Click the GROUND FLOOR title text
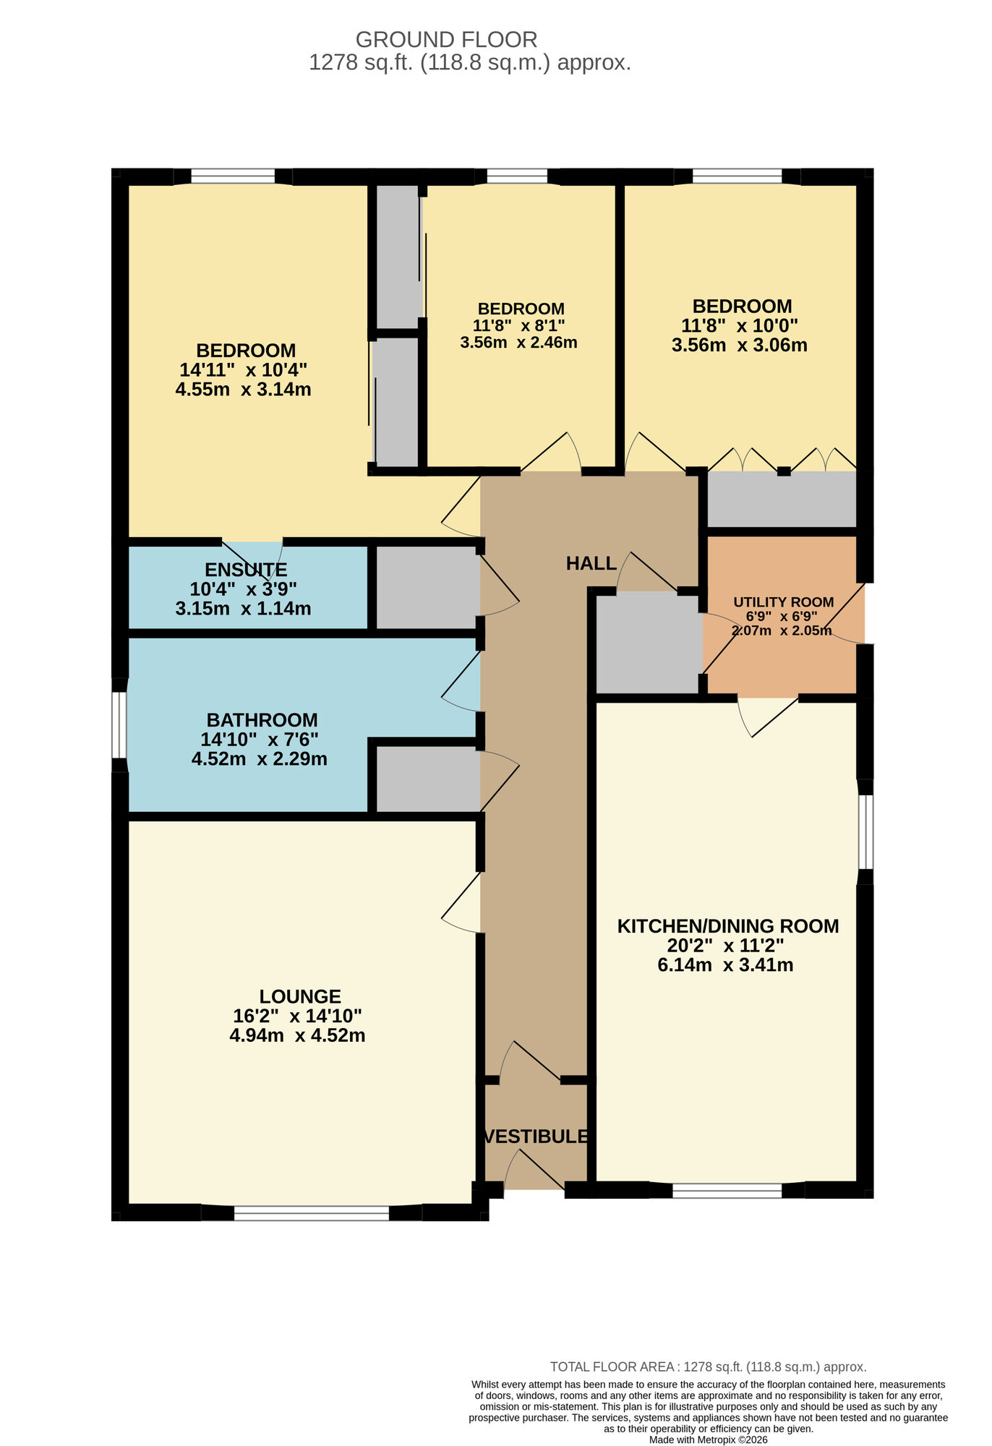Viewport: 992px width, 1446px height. click(446, 39)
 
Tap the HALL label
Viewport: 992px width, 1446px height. click(591, 563)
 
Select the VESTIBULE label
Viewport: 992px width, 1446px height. click(536, 1136)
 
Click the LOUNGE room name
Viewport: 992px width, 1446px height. click(300, 996)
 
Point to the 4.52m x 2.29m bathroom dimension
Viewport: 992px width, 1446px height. click(259, 759)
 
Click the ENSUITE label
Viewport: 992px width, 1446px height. click(246, 570)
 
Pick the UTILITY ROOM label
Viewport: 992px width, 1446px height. click(783, 602)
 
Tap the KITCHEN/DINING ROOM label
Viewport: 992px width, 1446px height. click(727, 926)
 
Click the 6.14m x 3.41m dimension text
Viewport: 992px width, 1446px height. click(725, 965)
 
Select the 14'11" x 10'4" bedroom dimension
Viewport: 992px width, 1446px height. click(243, 370)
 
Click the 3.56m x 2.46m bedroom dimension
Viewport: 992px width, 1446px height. click(518, 343)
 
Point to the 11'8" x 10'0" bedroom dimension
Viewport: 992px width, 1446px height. click(740, 325)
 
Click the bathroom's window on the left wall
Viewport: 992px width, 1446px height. click(119, 725)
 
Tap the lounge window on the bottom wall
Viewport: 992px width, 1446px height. click(312, 1212)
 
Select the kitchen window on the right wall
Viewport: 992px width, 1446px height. click(865, 831)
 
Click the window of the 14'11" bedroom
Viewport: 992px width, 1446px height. click(233, 176)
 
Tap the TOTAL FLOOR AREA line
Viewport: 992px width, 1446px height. click(708, 1366)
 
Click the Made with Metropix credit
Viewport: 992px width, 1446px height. click(708, 1439)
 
